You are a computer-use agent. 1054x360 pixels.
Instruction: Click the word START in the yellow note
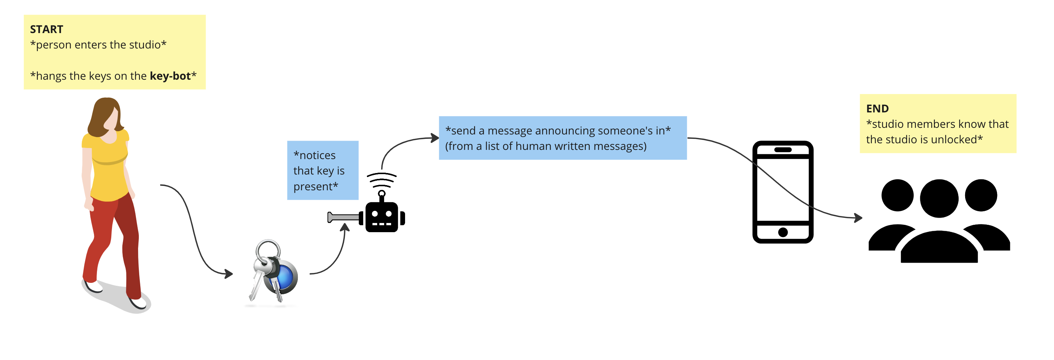46,29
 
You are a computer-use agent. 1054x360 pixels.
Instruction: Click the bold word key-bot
170,76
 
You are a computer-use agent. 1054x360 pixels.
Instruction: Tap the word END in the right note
877,109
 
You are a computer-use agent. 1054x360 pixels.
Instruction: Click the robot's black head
381,217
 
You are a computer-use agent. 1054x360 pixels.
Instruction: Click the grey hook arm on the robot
343,217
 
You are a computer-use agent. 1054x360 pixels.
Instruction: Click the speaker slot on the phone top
783,150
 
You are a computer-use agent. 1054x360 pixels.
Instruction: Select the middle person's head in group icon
939,198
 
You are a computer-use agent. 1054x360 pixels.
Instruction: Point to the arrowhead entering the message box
435,138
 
